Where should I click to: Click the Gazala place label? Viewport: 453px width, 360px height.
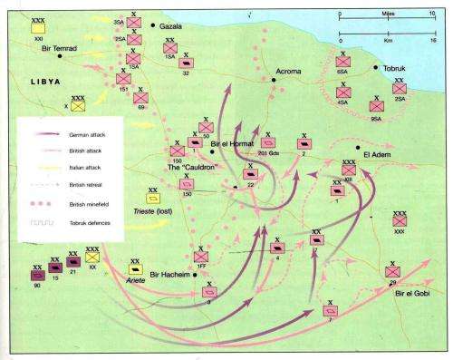point(172,26)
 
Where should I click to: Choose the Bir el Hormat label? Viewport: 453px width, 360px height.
point(230,143)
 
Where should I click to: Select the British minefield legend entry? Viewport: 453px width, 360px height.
point(86,203)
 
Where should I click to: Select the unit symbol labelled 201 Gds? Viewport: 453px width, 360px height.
point(269,143)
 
